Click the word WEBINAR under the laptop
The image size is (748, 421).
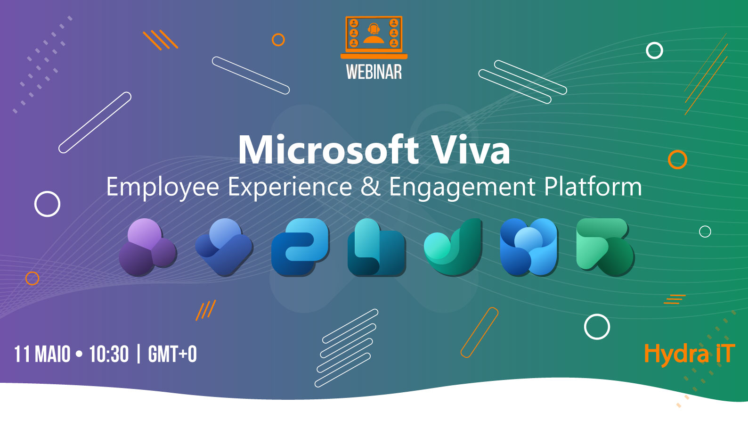point(374,72)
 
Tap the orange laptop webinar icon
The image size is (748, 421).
point(374,37)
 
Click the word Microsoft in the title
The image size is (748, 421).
point(328,150)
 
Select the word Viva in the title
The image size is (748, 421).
point(471,150)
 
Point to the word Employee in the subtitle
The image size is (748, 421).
point(163,187)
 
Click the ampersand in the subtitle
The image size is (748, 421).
point(370,187)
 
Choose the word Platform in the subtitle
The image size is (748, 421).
point(593,187)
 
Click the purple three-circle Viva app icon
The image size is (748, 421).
point(147,247)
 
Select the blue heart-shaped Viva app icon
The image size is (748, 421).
point(224,247)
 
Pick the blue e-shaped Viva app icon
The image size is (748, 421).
point(300,247)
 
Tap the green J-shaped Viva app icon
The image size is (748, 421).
point(453,247)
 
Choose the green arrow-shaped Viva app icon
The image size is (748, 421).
point(605,247)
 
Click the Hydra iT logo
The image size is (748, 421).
point(689,354)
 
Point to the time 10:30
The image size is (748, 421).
point(109,355)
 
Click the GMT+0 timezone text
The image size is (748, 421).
point(172,355)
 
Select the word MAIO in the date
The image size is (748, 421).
point(53,355)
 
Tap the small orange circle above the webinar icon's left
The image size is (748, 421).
point(278,40)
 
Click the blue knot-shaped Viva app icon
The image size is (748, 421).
point(529,247)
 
